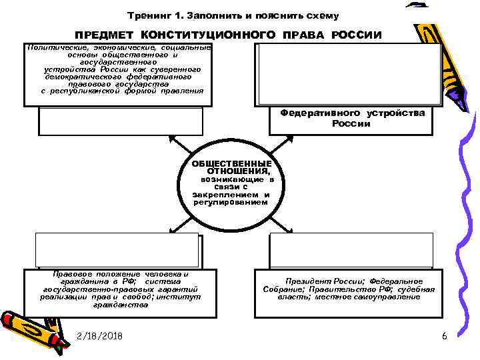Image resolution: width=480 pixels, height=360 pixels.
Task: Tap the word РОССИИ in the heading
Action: point(357,34)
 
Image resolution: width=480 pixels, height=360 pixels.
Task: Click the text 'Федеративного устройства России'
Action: point(352,118)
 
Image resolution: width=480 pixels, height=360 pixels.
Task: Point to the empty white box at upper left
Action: point(120,121)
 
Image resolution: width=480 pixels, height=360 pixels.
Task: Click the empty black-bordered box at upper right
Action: point(347,73)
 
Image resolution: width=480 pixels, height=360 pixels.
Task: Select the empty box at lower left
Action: point(117,250)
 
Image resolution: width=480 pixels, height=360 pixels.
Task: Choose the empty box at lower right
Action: point(351,250)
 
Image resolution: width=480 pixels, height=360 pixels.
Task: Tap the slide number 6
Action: point(444,336)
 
